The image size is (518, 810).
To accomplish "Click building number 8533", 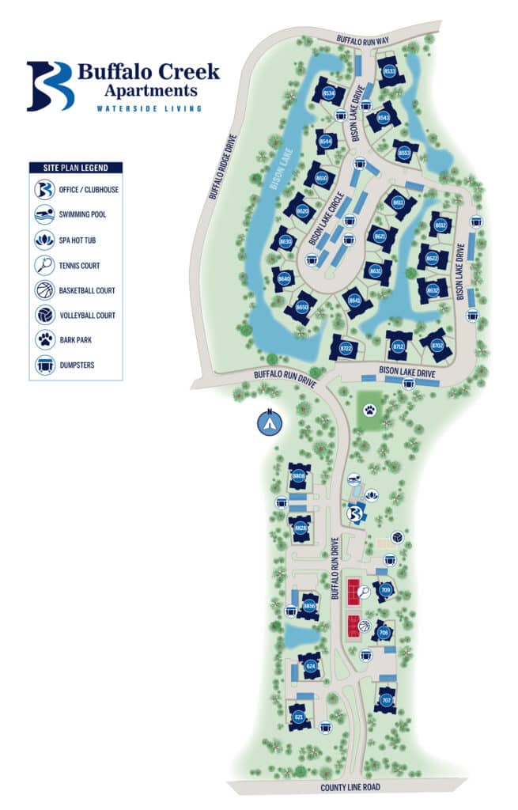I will (389, 71).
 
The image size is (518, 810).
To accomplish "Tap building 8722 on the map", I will (346, 347).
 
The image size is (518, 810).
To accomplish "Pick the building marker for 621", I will (299, 717).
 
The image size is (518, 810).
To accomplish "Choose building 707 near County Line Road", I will (386, 701).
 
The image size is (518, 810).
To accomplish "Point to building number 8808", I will (299, 476).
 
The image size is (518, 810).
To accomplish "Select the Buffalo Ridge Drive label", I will (224, 165).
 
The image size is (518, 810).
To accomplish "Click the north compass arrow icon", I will (270, 423).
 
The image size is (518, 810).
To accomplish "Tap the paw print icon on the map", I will (369, 410).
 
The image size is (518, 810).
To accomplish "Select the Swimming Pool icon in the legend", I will (44, 214).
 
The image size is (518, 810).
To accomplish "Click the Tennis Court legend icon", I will (44, 265).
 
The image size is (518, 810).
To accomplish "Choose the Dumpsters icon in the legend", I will (44, 366).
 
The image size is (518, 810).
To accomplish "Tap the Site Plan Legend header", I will (76, 168).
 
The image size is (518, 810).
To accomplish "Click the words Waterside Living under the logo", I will (147, 108).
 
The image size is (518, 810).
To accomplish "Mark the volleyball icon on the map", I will (397, 537).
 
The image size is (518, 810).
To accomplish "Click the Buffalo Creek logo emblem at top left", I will (50, 85).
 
